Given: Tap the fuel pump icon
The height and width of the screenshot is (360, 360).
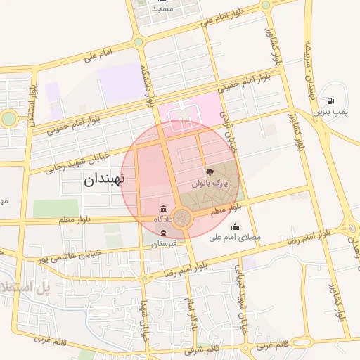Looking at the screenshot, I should (330, 101).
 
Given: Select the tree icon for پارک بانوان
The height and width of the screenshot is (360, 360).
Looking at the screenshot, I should (210, 172).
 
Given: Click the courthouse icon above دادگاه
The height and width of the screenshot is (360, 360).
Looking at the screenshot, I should (164, 210).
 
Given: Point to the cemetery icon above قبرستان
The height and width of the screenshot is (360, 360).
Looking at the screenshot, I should (163, 233).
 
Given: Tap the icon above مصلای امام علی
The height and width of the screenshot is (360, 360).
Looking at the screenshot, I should (235, 227).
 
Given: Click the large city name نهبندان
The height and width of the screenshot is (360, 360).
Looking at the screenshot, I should (104, 179).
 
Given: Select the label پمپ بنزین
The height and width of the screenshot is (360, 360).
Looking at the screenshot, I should (330, 112).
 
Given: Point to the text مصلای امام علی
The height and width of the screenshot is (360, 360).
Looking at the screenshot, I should (236, 238).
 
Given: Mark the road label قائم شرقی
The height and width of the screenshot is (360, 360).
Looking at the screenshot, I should (203, 349).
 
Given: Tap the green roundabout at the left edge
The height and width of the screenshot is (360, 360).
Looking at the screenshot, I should (8, 119).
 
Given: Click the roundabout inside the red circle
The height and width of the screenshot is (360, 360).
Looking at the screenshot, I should (184, 218).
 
